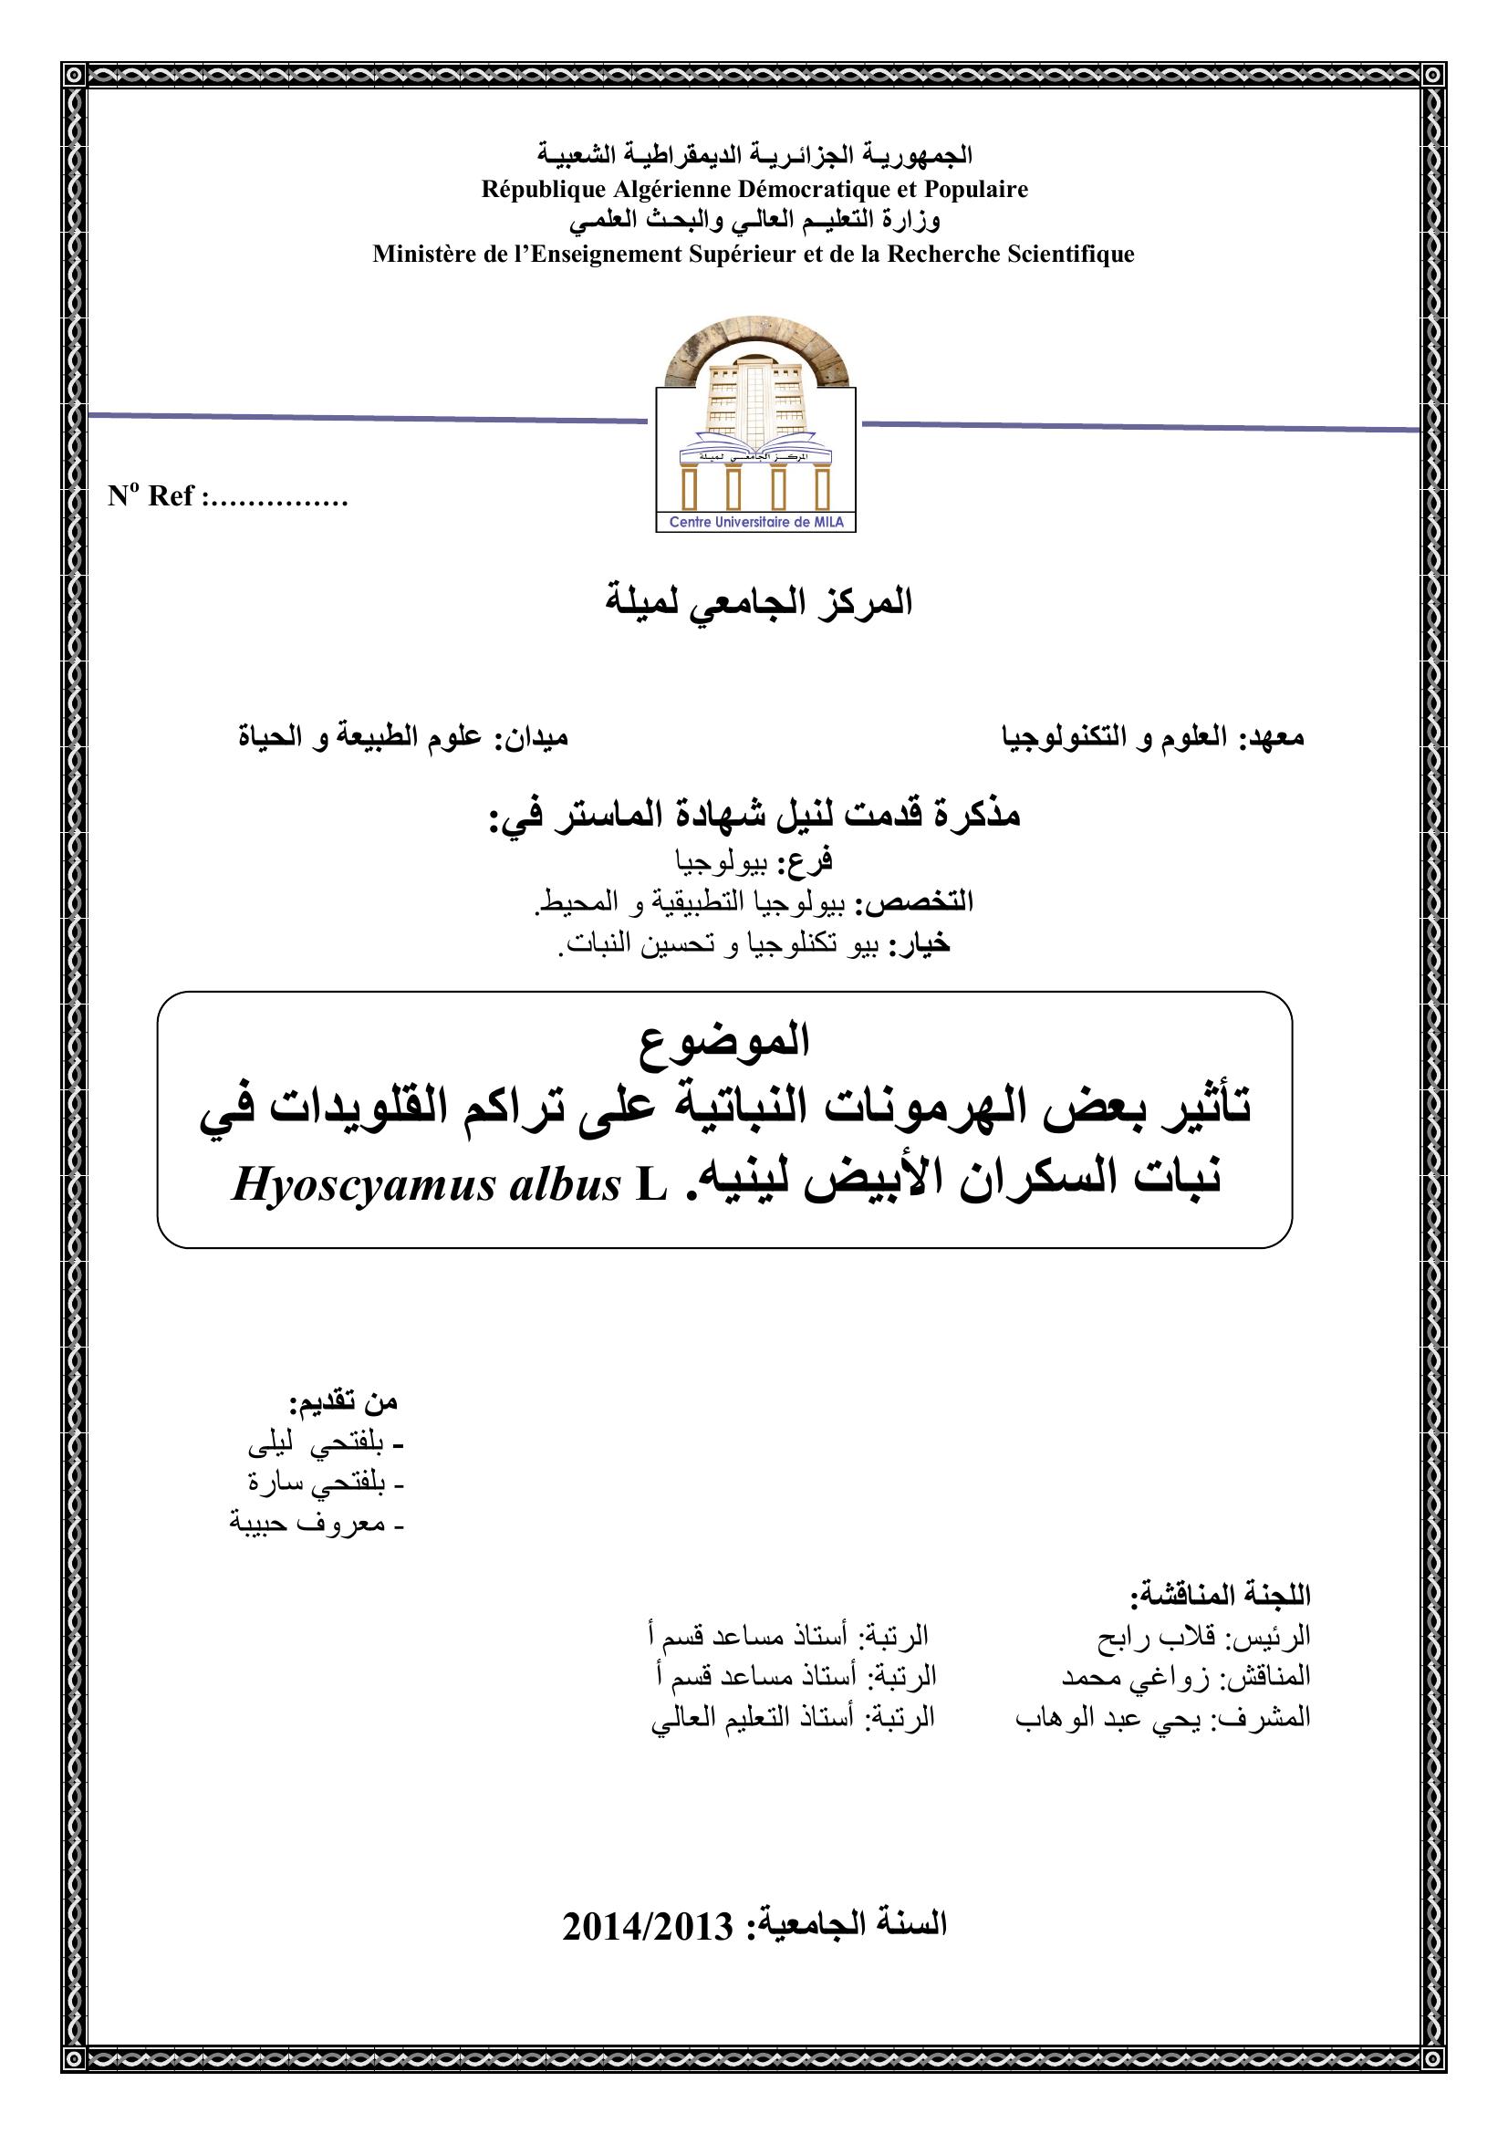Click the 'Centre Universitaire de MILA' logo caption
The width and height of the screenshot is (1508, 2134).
pos(755,523)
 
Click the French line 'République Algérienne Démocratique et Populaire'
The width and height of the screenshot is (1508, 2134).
pos(754,190)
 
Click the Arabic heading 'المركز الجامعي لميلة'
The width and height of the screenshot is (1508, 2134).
pos(759,602)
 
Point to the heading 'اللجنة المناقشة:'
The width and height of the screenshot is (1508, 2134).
pos(1220,1595)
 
